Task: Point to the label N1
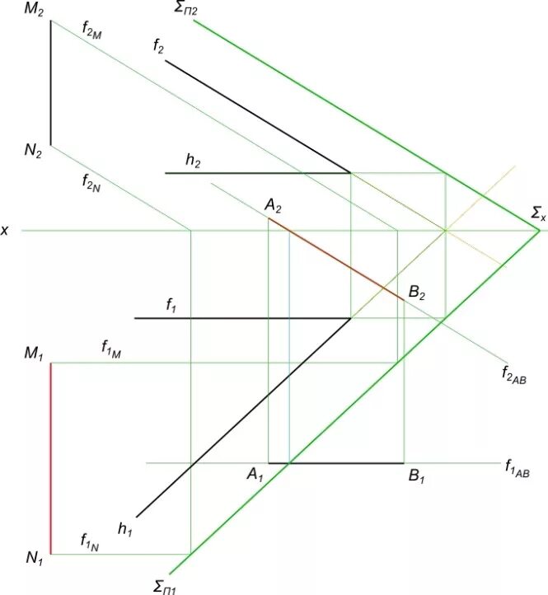pyautogui.click(x=34, y=560)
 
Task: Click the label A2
pyautogui.click(x=274, y=206)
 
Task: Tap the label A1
pyautogui.click(x=255, y=476)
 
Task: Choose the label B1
pyautogui.click(x=416, y=476)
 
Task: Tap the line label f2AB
pyautogui.click(x=516, y=375)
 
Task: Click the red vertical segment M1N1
pyautogui.click(x=51, y=458)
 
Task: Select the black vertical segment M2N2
pyautogui.click(x=51, y=82)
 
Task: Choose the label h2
pyautogui.click(x=194, y=162)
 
